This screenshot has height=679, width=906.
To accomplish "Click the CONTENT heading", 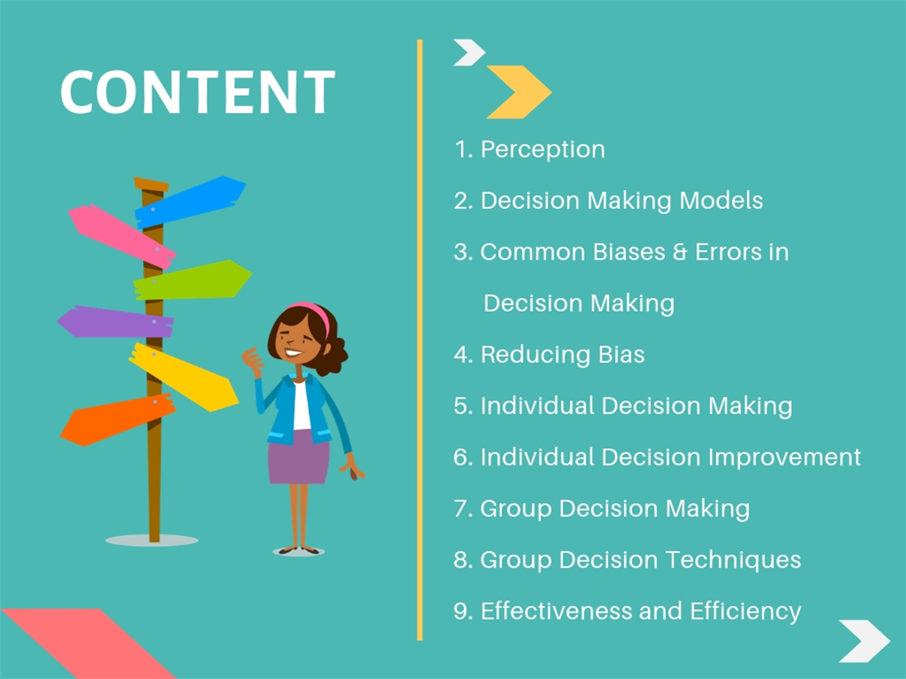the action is click(x=197, y=92).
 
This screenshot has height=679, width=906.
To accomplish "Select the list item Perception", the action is click(x=529, y=149).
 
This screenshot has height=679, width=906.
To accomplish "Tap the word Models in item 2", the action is click(x=721, y=201).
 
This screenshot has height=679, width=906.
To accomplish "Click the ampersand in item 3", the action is click(x=680, y=252).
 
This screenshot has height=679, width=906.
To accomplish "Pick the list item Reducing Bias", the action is click(x=549, y=355).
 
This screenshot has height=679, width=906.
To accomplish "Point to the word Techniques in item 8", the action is click(x=734, y=560).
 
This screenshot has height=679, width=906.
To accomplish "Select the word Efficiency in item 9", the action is click(x=745, y=611).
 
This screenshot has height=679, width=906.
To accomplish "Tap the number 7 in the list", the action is click(x=460, y=508).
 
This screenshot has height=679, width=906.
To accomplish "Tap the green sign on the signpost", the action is click(x=192, y=280).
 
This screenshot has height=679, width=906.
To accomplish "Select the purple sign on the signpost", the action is click(x=115, y=322).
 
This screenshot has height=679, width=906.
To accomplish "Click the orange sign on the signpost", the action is click(x=118, y=420).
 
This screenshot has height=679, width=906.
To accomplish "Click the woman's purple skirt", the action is click(x=299, y=457).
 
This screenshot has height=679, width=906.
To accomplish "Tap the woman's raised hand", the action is click(x=253, y=361).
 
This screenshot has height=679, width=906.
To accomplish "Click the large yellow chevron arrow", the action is click(x=519, y=92).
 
